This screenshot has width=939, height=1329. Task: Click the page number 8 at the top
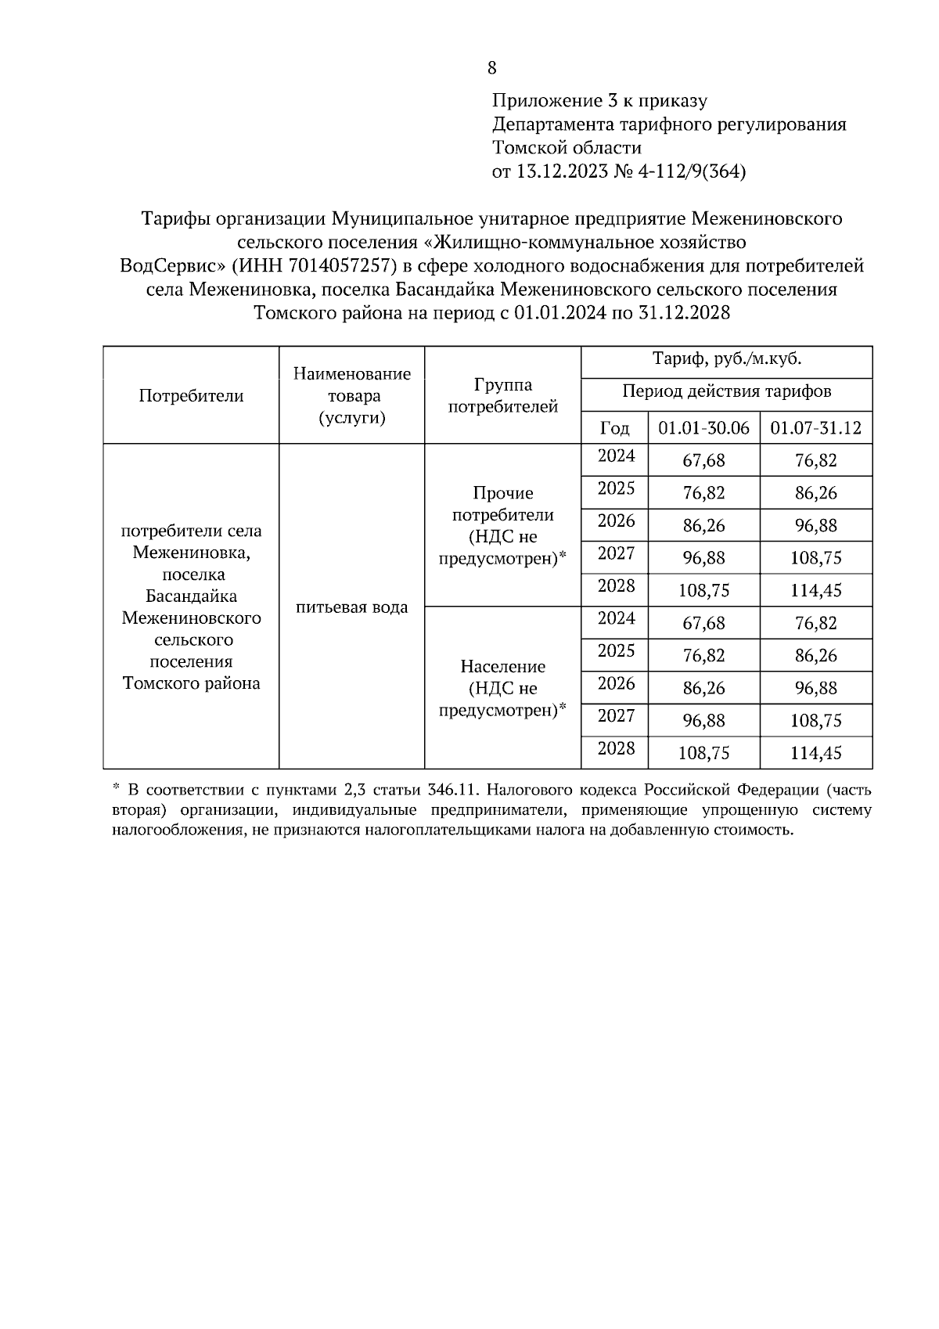click(x=491, y=68)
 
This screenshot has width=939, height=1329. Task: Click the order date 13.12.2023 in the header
click(x=561, y=171)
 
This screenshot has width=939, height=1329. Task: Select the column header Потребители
click(x=191, y=396)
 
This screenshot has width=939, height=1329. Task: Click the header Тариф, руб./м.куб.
click(x=726, y=360)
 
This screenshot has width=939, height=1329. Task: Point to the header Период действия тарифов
click(x=726, y=391)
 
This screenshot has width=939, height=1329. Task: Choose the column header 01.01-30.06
click(x=703, y=428)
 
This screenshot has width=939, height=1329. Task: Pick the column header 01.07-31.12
click(x=815, y=428)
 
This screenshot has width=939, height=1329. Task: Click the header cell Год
click(x=614, y=428)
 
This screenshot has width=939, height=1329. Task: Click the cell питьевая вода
click(x=351, y=607)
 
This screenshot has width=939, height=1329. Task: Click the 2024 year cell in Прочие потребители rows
click(x=616, y=456)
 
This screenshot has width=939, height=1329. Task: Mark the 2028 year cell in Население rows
click(x=616, y=749)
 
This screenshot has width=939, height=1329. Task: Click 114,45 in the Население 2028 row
click(x=815, y=754)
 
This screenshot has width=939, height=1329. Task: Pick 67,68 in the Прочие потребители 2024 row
click(x=703, y=461)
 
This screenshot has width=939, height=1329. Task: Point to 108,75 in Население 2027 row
click(x=815, y=721)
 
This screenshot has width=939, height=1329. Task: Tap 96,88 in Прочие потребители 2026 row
click(x=815, y=526)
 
